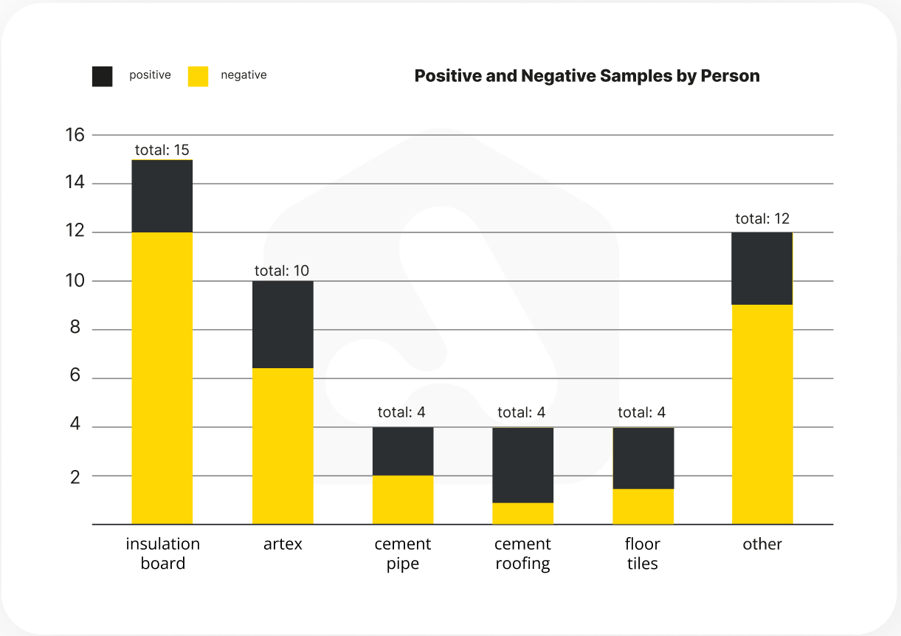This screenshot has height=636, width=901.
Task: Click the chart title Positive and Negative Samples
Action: (587, 76)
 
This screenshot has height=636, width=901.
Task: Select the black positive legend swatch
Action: (103, 76)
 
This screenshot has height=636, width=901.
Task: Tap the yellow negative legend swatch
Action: (198, 76)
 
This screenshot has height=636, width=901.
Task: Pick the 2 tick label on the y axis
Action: (76, 477)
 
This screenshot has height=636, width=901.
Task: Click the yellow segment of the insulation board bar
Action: (162, 378)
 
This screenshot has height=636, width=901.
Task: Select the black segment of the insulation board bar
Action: (162, 196)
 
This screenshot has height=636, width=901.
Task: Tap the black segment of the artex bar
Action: (283, 325)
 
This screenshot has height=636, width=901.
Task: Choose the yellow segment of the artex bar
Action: (283, 446)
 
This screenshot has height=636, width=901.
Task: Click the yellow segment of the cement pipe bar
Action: (403, 500)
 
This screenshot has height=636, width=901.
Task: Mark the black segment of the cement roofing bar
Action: (523, 466)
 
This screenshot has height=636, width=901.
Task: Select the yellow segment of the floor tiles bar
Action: (643, 506)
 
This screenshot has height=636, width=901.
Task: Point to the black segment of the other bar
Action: (762, 269)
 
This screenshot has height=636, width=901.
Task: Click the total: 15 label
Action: (162, 151)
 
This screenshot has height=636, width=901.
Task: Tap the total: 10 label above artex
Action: (282, 271)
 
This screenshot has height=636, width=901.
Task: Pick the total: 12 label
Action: (762, 219)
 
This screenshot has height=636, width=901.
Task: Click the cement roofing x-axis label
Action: (522, 554)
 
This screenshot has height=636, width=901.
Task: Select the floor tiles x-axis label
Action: (642, 554)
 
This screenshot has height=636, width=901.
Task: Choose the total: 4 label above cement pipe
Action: (401, 412)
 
